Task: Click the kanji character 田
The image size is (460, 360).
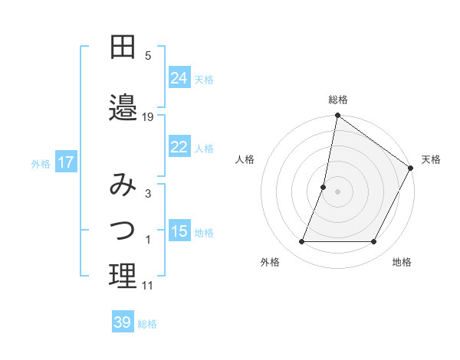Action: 123,48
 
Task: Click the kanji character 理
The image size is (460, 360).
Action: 123,277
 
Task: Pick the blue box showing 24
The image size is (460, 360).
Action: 179,78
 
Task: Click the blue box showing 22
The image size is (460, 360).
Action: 179,147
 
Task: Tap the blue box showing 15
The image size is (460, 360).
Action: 179,232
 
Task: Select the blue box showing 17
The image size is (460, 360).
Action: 65,162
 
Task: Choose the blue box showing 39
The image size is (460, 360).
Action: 123,322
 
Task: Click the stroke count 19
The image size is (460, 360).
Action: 148,117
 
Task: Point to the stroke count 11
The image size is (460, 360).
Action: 148,286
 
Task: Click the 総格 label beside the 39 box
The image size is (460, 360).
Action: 148,324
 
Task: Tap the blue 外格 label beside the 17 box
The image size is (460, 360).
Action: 41,163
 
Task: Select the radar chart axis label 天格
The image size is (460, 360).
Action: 431,159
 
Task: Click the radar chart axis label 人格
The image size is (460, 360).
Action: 245,159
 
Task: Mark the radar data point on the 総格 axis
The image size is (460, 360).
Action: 337,116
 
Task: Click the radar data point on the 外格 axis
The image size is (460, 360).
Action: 301,242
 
